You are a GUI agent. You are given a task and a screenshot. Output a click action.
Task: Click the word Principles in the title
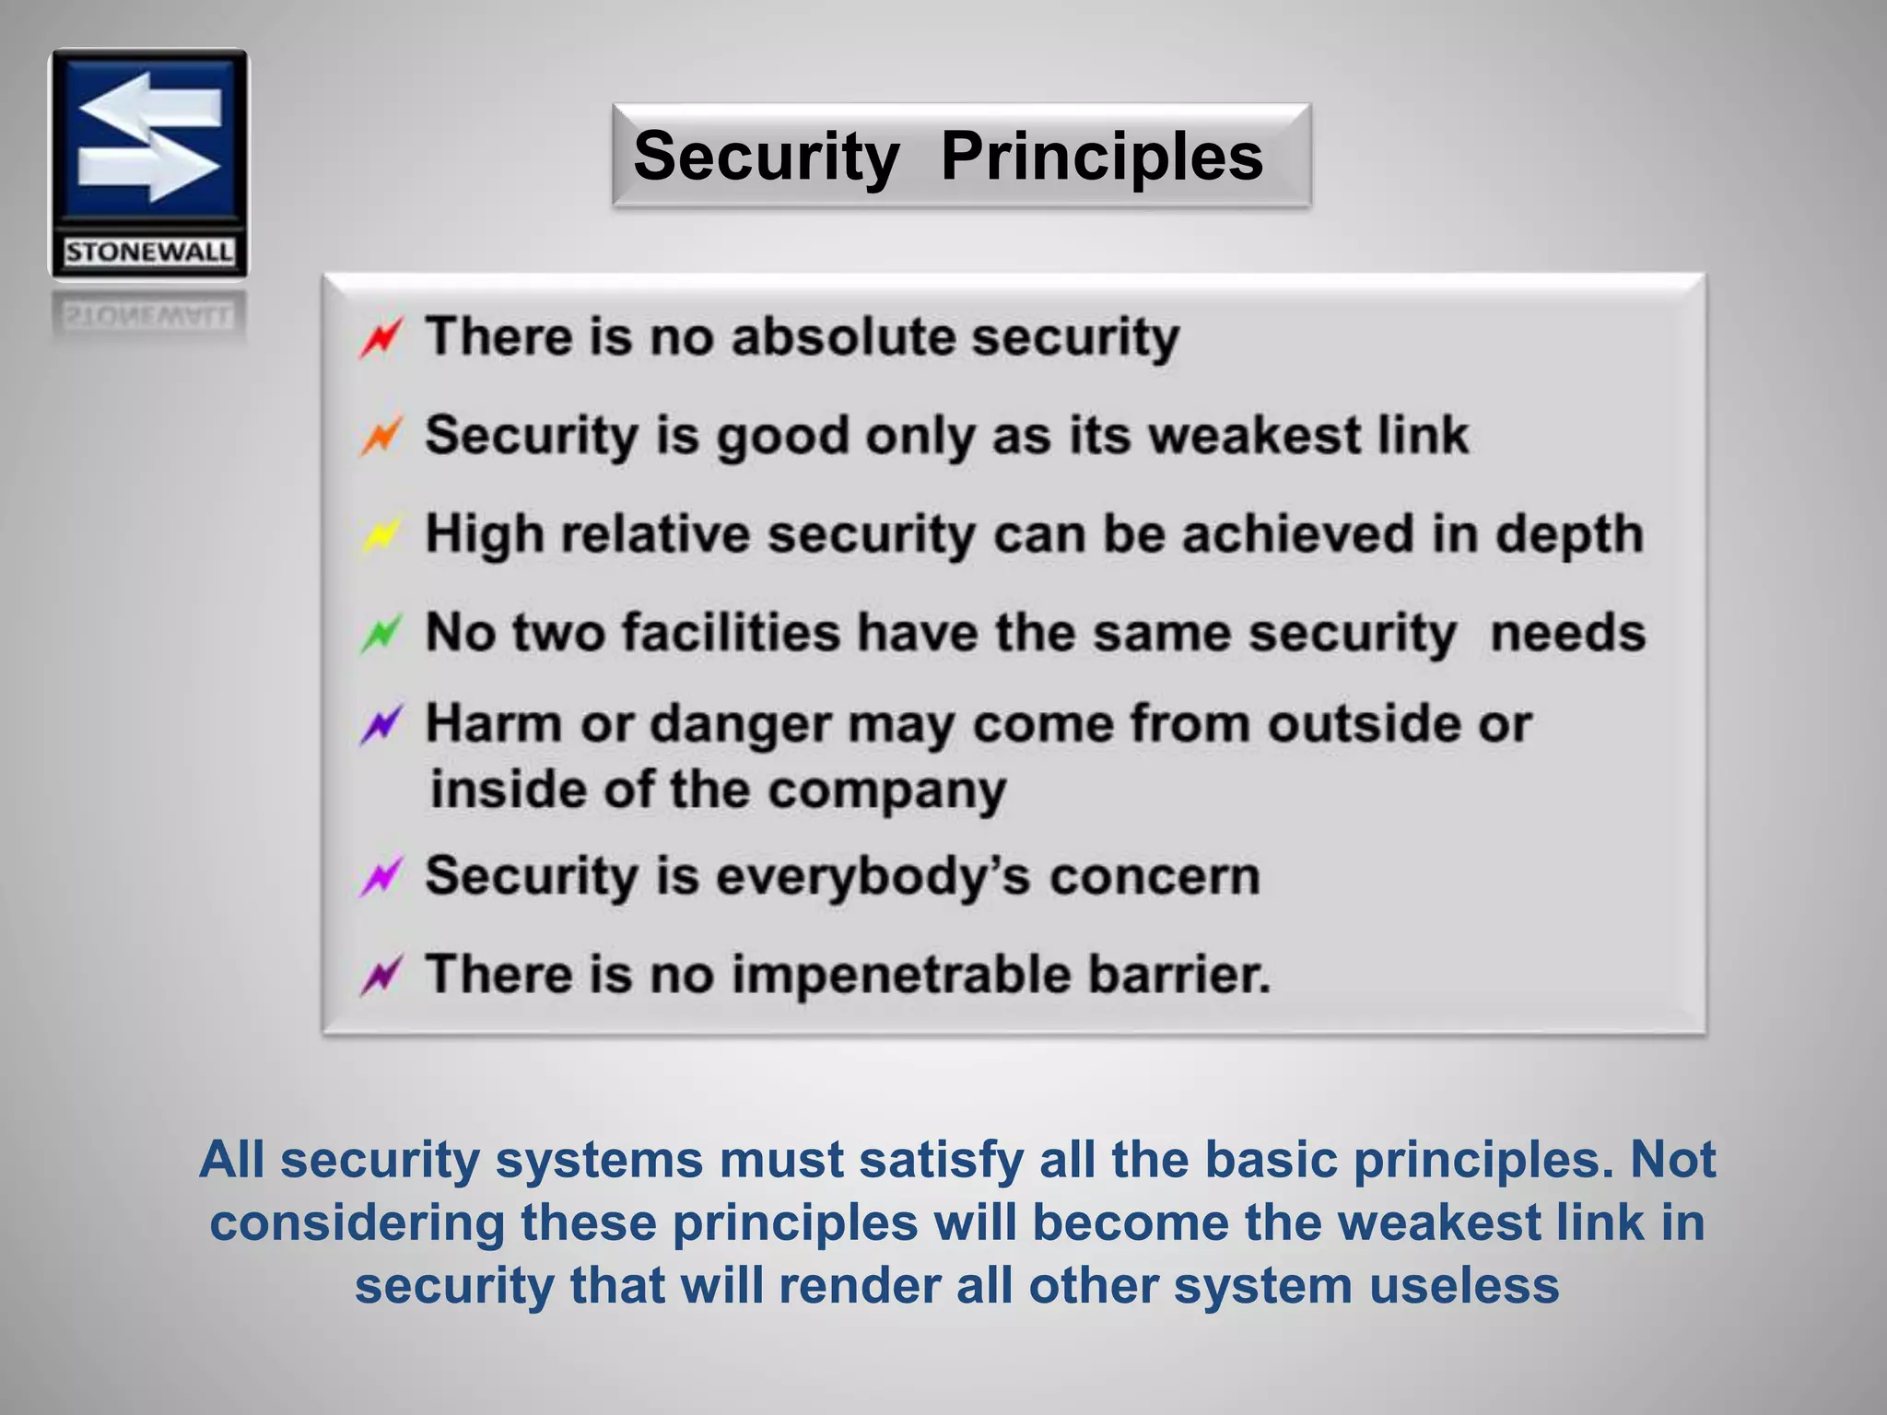click(1101, 157)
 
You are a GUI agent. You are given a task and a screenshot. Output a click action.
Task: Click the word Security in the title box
click(766, 157)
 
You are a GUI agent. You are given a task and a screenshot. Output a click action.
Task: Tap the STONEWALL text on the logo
click(148, 252)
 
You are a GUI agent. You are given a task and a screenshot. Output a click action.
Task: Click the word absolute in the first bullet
click(842, 336)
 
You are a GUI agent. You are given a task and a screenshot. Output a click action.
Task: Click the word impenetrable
click(901, 975)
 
